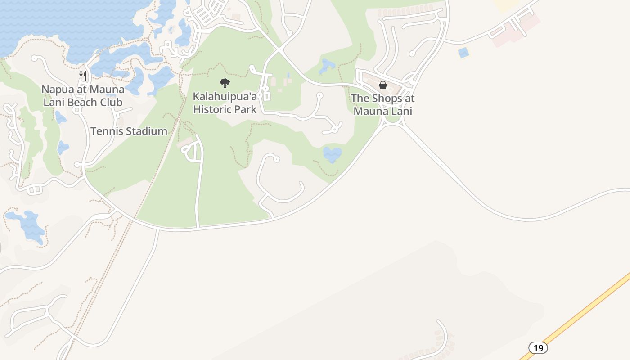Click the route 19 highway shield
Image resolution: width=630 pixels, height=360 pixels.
(538, 347)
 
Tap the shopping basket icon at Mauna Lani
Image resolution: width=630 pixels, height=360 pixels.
(383, 85)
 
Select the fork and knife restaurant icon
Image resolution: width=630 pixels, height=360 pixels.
(82, 76)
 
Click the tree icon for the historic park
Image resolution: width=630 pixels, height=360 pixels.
(225, 83)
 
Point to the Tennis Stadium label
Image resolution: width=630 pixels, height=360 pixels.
(129, 131)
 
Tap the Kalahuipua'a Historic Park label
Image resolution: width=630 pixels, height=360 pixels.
(225, 103)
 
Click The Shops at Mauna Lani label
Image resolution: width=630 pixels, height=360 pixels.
(382, 104)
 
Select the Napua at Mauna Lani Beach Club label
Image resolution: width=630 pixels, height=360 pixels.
(83, 96)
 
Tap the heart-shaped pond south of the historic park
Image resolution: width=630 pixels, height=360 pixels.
(332, 154)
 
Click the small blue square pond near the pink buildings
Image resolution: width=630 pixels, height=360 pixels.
(463, 53)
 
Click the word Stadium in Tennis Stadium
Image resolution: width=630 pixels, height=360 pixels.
(147, 131)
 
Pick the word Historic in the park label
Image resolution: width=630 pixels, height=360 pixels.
(212, 109)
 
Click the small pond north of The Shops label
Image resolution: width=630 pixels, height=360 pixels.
(327, 66)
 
